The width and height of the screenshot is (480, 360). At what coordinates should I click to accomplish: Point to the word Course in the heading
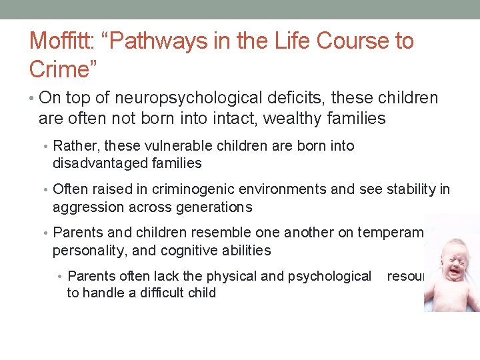(x=348, y=41)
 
